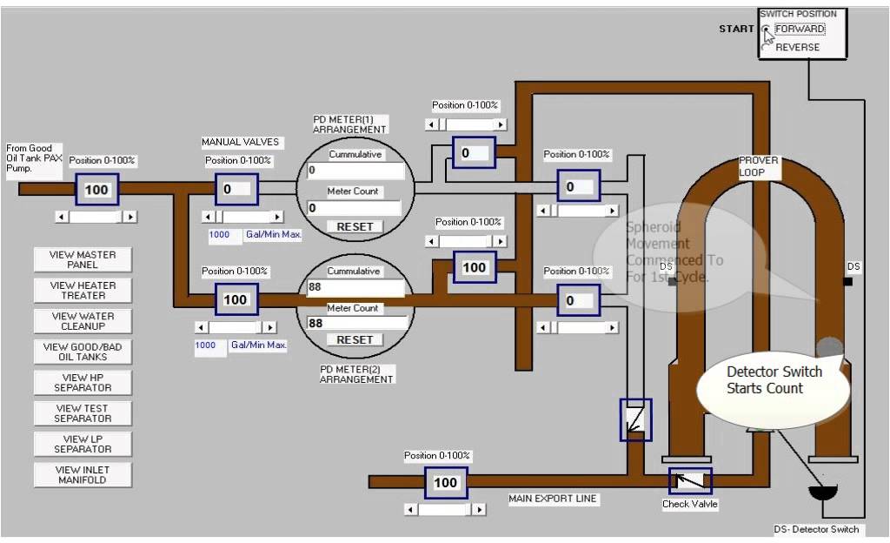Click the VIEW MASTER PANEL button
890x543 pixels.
(83, 259)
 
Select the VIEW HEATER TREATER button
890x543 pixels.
(83, 291)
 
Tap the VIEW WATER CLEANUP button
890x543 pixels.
(83, 321)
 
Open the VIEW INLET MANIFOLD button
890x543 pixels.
(83, 475)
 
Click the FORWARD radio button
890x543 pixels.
(766, 30)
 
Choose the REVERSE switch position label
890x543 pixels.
(797, 47)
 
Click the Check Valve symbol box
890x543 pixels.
(690, 481)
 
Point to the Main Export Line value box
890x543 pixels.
(445, 483)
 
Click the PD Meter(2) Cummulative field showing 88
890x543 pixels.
(355, 288)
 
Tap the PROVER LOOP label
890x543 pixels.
(759, 166)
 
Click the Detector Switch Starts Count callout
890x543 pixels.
(773, 380)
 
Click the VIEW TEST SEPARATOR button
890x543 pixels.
(83, 413)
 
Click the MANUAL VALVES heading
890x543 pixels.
(241, 142)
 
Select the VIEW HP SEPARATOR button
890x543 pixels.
(83, 383)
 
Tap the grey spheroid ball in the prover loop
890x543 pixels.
(830, 346)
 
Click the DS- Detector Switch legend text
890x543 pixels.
(816, 529)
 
